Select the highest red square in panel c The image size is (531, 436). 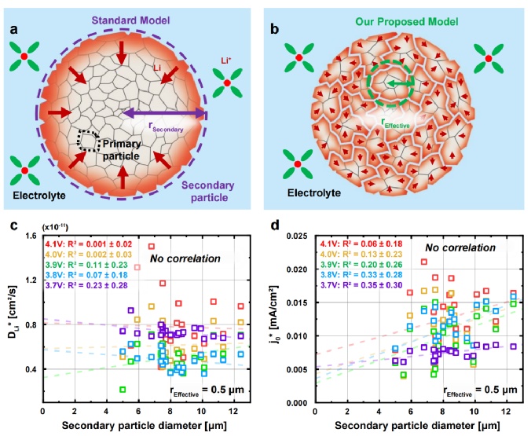click(151, 247)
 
